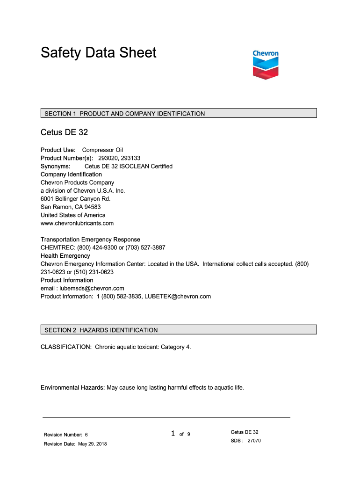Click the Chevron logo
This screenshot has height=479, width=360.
266,65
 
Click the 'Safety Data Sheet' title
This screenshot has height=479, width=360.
98,52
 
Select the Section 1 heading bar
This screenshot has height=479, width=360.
179,113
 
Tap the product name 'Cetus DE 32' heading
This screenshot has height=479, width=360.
64,132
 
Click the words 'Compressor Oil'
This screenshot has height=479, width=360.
102,150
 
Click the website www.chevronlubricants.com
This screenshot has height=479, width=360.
77,223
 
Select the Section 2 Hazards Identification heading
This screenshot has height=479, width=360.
179,330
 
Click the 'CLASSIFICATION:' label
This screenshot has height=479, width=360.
66,347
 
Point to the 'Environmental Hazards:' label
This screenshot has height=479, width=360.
72,388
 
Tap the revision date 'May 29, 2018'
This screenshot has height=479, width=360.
92,444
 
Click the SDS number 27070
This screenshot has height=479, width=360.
254,441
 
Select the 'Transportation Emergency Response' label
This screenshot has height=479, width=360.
90,239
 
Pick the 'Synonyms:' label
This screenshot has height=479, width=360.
56,166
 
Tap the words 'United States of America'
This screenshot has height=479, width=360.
73,215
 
